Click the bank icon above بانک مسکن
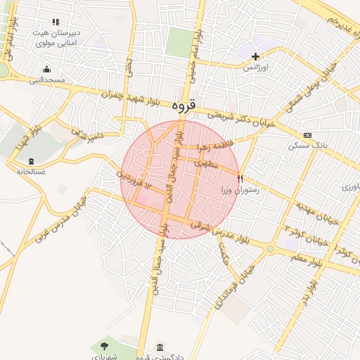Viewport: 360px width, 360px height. point(307,135)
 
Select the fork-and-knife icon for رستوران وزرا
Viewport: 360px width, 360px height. point(240,179)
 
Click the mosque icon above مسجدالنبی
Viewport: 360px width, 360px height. point(46,69)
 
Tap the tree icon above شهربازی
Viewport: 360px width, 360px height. point(105,345)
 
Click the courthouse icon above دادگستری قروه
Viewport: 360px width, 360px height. point(161,348)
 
